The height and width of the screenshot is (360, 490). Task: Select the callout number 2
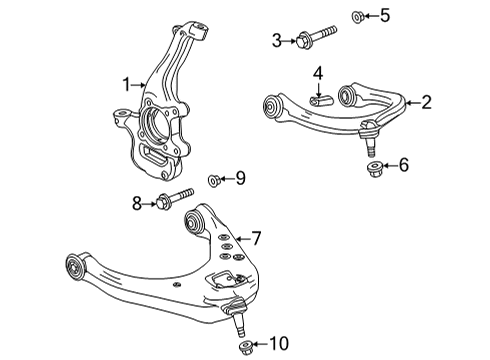426,101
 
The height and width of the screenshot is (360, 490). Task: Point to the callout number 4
317,73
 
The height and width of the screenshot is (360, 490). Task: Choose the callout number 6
403,165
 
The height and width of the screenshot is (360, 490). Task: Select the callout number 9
239,179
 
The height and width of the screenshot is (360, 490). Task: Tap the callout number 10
278,346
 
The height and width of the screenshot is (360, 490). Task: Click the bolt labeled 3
314,39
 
